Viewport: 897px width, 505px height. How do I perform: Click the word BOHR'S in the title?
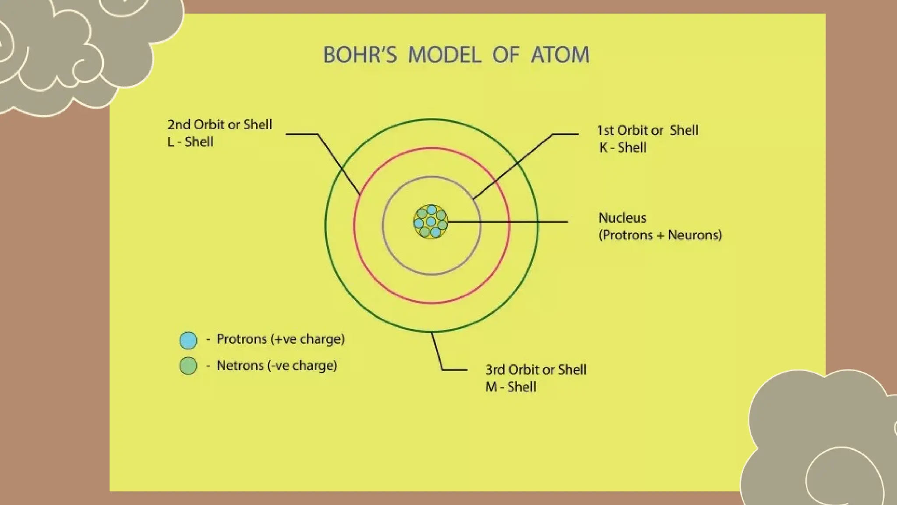coord(360,55)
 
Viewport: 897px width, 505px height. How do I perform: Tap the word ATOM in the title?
coord(560,55)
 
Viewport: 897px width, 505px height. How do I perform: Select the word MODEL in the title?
coord(445,55)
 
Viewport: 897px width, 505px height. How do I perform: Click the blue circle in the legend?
coord(188,340)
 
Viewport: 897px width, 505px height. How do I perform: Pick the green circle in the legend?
coord(188,366)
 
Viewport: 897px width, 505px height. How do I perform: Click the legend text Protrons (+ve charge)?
coord(280,339)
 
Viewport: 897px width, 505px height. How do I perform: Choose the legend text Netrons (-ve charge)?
coord(277,366)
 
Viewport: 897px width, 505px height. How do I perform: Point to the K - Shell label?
coord(622,148)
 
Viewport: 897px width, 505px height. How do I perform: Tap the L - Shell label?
coord(191,142)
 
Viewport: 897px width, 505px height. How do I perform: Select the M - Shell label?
coord(511,387)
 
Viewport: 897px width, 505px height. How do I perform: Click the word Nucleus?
coord(622,218)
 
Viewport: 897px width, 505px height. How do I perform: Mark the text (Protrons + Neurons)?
coord(660,235)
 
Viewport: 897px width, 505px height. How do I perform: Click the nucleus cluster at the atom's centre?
coord(431,222)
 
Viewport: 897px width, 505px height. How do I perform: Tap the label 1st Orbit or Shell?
coord(647,131)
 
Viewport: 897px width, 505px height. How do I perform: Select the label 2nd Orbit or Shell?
coord(220,125)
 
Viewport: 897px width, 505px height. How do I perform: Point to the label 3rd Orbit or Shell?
coord(536,370)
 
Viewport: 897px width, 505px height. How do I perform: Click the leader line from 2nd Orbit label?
coord(337,162)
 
